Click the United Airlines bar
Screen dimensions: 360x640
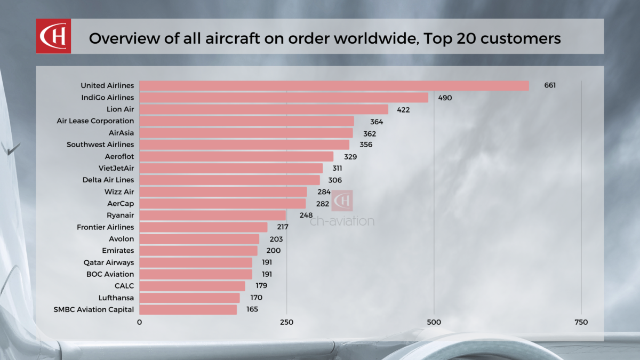pyautogui.click(x=334, y=86)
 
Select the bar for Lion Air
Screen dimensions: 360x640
pyautogui.click(x=264, y=109)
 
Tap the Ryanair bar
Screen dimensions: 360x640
pyautogui.click(x=213, y=215)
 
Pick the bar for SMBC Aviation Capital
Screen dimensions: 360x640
pyautogui.click(x=188, y=309)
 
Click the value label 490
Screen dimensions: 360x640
pyautogui.click(x=445, y=98)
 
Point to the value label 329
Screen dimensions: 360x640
pyautogui.click(x=350, y=157)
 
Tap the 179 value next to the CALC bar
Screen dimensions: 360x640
pyautogui.click(x=261, y=286)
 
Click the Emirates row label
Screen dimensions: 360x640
pyautogui.click(x=118, y=251)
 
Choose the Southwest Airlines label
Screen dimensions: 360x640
pyautogui.click(x=100, y=145)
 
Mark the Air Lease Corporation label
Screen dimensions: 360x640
pyautogui.click(x=95, y=121)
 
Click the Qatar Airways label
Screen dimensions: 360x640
pyautogui.click(x=109, y=262)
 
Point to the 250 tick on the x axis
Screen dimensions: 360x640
pyautogui.click(x=287, y=323)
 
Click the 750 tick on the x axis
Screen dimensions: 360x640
pyautogui.click(x=581, y=323)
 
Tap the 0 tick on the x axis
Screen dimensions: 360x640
pyautogui.click(x=140, y=323)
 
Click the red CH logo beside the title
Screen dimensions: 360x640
pyautogui.click(x=53, y=36)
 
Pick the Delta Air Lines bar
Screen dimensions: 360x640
pyautogui.click(x=229, y=180)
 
